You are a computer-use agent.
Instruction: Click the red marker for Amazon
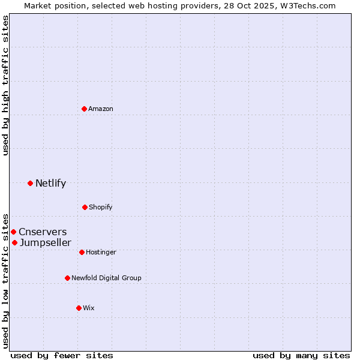(x=85, y=109)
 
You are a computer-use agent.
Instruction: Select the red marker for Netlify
(x=30, y=183)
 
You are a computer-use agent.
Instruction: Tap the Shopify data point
(x=85, y=207)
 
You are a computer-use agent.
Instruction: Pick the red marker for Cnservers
(x=13, y=232)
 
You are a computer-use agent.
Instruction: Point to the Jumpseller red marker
(x=14, y=242)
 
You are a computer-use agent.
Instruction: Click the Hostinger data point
(x=82, y=252)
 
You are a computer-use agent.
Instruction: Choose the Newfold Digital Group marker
(x=67, y=278)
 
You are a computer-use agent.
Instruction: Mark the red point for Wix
(x=79, y=308)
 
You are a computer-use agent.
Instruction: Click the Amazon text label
(x=101, y=109)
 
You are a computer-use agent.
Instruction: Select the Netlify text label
(x=50, y=184)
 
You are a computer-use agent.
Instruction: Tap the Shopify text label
(x=101, y=208)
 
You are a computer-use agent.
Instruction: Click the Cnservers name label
(x=43, y=232)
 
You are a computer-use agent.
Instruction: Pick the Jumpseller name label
(x=45, y=243)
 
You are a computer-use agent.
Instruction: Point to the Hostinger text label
(x=101, y=253)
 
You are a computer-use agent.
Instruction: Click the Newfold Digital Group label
(x=106, y=278)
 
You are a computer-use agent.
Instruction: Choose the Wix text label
(x=89, y=308)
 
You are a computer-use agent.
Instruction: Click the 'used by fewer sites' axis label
(x=62, y=355)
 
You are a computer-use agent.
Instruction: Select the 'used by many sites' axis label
(x=301, y=355)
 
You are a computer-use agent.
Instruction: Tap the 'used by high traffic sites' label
(x=5, y=85)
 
